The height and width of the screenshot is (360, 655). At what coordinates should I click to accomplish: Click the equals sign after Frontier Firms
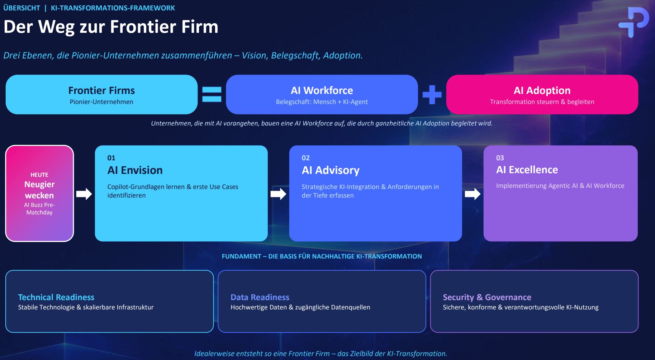[212, 94]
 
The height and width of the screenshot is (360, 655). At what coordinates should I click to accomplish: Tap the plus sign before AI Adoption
[432, 94]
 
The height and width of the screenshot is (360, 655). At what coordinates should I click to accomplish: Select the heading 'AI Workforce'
[322, 90]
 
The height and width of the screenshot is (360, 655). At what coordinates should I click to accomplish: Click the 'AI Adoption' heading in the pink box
[542, 90]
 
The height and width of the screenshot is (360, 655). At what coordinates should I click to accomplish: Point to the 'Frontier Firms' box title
[101, 90]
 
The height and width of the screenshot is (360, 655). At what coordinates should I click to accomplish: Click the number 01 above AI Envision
[111, 158]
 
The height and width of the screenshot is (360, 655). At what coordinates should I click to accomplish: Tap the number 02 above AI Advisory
[305, 158]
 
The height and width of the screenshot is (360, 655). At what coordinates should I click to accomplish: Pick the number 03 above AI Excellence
[500, 158]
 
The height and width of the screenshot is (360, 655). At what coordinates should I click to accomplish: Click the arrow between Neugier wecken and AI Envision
[84, 194]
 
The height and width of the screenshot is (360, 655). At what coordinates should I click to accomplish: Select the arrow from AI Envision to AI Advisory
[278, 194]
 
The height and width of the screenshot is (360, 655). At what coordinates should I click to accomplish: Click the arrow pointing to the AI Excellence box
[473, 194]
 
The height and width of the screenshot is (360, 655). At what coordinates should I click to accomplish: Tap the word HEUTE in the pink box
[39, 175]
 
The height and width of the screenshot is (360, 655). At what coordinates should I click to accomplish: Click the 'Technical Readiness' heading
[56, 297]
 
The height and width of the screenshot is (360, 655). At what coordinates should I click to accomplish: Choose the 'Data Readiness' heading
[260, 297]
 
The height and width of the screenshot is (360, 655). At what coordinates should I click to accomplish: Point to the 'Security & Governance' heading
[487, 297]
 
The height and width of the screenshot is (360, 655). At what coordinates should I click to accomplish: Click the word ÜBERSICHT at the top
[22, 8]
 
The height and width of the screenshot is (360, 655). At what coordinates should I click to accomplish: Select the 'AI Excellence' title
[527, 170]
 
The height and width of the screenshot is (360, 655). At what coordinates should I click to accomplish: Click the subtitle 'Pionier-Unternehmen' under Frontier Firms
[101, 102]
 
